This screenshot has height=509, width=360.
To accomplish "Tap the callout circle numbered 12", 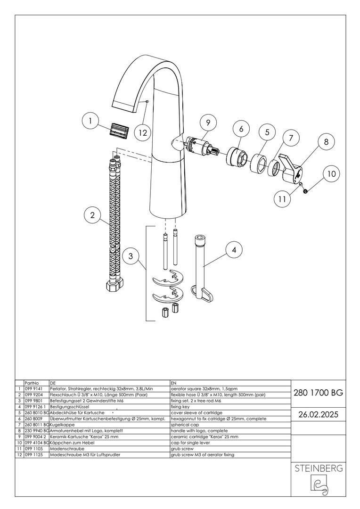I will tap(142, 132).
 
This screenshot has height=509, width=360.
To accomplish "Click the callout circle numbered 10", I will tap(331, 174).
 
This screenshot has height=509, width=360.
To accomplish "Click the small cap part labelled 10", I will tap(306, 191).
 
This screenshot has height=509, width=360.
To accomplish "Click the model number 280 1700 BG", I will tap(318, 392).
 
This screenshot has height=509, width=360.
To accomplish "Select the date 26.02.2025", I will tap(318, 414).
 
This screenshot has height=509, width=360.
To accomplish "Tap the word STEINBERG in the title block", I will tap(318, 469).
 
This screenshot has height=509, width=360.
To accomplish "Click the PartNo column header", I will tap(31, 383).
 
